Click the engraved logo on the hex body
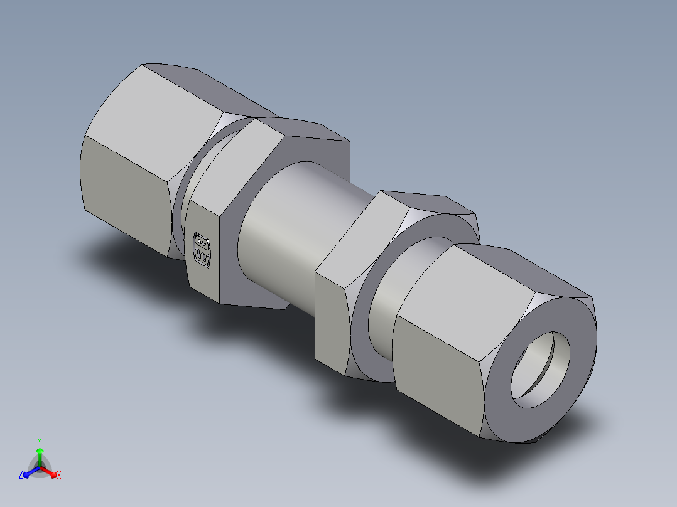(x=202, y=248)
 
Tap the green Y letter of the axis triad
(x=39, y=441)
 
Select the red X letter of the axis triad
(x=58, y=475)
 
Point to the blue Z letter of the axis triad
(x=21, y=475)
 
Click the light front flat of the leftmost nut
(x=126, y=188)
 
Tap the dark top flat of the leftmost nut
(x=201, y=91)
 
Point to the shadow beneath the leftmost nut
(x=119, y=257)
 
